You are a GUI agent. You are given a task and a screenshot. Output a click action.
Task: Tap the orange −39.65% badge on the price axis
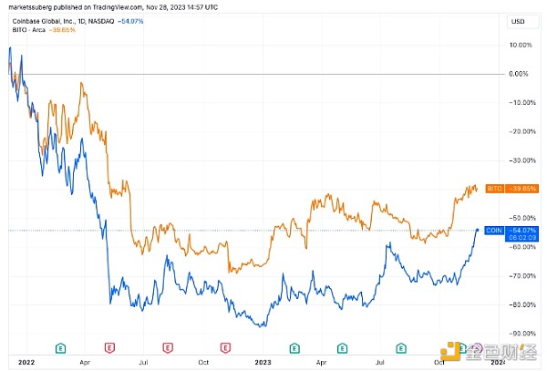click(521, 189)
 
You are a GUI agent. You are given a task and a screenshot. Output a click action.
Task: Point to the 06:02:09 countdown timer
click(521, 238)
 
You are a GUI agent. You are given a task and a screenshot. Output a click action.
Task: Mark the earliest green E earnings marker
click(60, 347)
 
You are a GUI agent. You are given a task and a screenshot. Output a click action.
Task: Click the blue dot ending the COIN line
click(478, 230)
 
